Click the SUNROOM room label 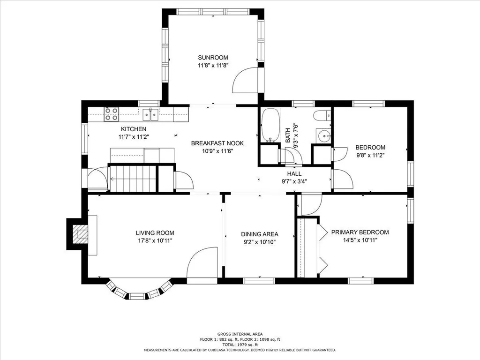213,58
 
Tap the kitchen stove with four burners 111,114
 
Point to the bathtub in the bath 270,125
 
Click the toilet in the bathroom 322,116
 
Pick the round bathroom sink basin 324,135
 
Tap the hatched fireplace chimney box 82,234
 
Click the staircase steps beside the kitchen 133,179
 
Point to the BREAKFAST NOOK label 217,143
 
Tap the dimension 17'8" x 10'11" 155,240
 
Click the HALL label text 294,173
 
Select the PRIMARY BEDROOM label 360,232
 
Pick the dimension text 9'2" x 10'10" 260,242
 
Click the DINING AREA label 260,234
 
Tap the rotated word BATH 288,135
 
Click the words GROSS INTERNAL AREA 240,334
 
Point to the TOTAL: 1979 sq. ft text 240,345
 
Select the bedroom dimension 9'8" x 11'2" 370,155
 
